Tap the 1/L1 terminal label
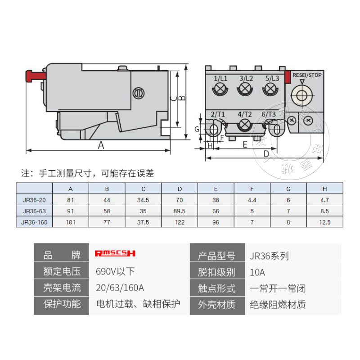point(220,78)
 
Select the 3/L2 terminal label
point(246,78)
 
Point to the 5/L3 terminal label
point(272,78)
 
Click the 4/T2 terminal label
point(244,114)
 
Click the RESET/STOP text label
point(307,75)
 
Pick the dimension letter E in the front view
point(245,144)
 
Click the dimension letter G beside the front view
point(197,129)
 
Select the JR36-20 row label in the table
point(34,200)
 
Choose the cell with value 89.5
point(180,211)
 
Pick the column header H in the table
point(324,189)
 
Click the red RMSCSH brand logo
point(115,253)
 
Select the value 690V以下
point(115,272)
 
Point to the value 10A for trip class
point(257,272)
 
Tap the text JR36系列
point(269,256)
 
